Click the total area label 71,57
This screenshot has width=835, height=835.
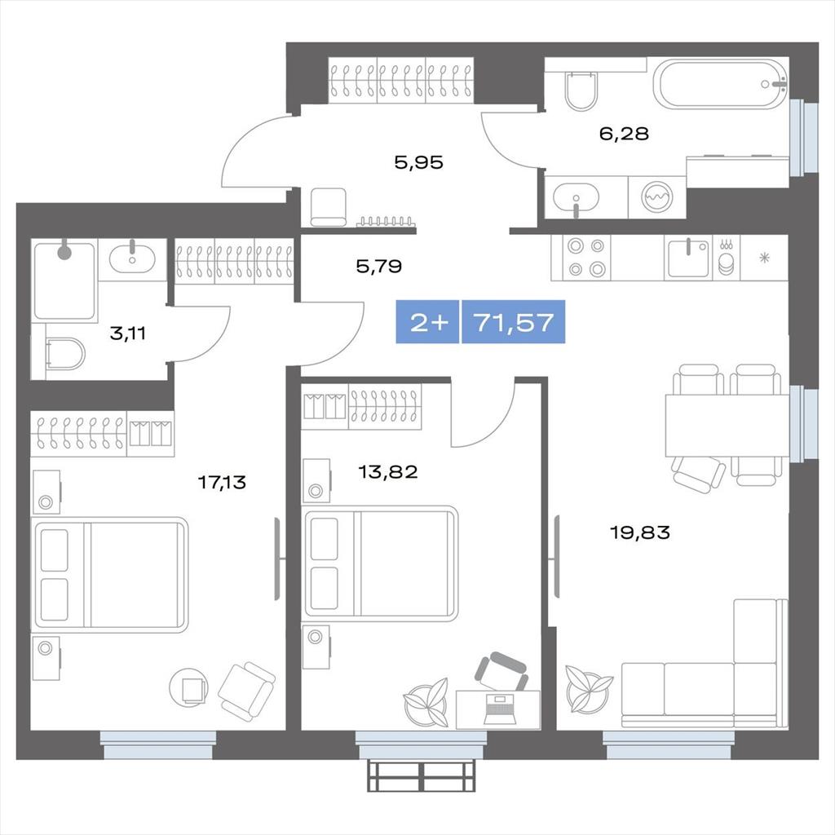tap(514, 322)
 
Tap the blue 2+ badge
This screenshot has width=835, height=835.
tap(427, 322)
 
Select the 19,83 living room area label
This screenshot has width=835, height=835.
tap(639, 532)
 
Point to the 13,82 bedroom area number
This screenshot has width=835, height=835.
tap(387, 472)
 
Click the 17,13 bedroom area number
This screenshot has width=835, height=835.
tap(222, 483)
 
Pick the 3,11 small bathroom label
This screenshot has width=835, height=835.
tap(127, 334)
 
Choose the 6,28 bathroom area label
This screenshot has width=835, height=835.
tap(624, 133)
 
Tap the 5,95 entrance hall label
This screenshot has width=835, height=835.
tap(418, 162)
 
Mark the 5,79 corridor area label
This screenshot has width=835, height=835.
tap(378, 266)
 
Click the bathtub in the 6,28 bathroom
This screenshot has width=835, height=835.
tap(721, 84)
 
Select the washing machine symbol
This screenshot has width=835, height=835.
tap(657, 197)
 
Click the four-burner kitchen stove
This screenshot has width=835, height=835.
tap(585, 258)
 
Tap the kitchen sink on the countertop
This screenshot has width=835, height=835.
tap(688, 258)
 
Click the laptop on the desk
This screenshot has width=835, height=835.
tap(499, 709)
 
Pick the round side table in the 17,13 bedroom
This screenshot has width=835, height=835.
tap(188, 687)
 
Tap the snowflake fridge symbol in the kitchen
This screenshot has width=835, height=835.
tap(765, 258)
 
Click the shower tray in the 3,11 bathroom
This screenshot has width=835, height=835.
tap(65, 281)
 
